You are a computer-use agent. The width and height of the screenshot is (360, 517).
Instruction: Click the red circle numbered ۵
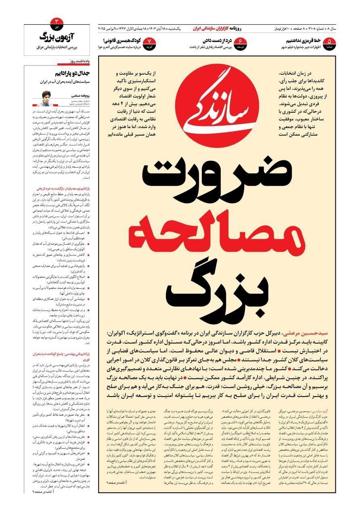[330, 42]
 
